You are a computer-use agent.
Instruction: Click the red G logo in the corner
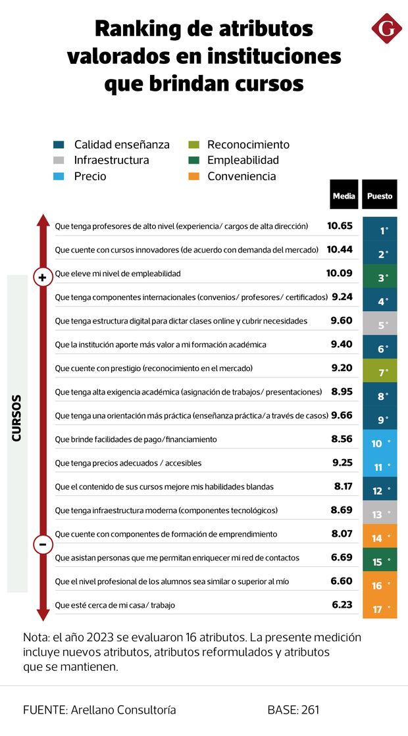point(386,29)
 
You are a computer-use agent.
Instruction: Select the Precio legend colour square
point(59,176)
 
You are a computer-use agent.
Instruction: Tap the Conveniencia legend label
point(242,176)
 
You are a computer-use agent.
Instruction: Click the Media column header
point(344,195)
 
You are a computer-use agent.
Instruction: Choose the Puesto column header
point(380,195)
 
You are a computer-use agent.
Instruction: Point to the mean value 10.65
point(340,226)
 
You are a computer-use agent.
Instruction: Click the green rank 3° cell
point(380,277)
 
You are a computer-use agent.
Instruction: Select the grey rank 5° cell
point(380,324)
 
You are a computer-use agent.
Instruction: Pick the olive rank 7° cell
point(380,372)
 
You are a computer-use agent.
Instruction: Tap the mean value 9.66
point(342,415)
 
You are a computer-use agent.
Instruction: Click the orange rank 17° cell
point(380,608)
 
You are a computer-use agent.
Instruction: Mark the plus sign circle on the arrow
point(43,278)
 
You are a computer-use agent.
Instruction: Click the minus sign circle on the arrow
point(43,545)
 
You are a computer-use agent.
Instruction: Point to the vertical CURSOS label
point(17,418)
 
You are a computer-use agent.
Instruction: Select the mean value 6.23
point(342,604)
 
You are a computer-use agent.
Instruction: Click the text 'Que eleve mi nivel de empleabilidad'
point(118,274)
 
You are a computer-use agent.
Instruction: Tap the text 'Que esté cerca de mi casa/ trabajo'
point(115,605)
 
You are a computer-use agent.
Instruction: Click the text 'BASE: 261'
point(293,710)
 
